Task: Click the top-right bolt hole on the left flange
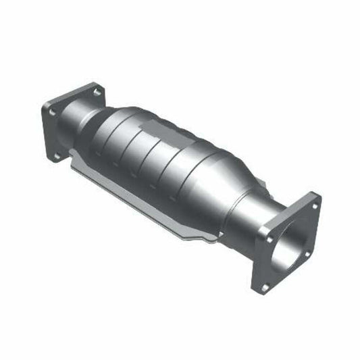(x=97, y=91)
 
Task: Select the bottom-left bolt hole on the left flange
(x=57, y=155)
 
